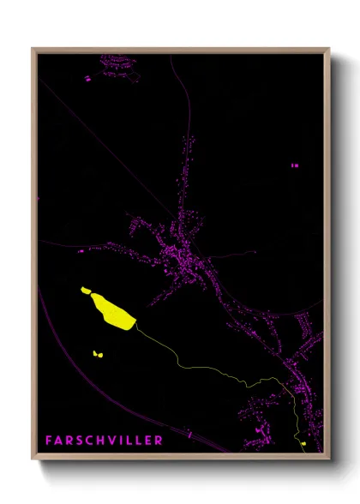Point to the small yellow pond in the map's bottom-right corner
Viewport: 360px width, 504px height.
[303, 443]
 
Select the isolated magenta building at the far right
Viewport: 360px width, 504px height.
[295, 165]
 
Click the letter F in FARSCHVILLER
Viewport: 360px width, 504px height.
[50, 441]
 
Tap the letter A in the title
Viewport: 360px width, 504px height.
[61, 441]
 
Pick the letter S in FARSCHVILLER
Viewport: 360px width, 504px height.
[84, 441]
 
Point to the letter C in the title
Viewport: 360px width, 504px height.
[95, 441]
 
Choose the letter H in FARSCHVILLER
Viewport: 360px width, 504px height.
[107, 441]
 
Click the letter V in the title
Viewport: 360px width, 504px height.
[119, 441]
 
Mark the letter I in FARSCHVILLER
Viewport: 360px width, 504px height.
[128, 441]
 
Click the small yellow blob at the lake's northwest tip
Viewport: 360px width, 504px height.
[86, 291]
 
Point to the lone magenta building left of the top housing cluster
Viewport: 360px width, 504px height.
[87, 78]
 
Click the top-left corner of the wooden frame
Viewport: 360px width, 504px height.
[33, 49]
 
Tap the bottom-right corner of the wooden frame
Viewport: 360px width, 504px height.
[328, 454]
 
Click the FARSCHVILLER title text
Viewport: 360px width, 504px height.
[104, 441]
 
